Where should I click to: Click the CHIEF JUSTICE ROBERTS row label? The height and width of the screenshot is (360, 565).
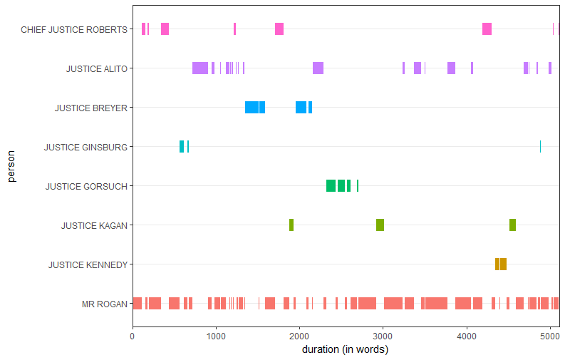(74, 30)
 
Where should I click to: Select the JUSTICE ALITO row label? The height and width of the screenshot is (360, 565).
(97, 69)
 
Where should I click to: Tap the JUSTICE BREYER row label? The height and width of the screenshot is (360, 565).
(91, 108)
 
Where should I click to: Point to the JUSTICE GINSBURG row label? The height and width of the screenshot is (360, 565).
(85, 148)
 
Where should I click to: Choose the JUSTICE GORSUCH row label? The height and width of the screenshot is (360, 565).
(86, 187)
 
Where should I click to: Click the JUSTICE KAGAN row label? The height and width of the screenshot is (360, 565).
(94, 226)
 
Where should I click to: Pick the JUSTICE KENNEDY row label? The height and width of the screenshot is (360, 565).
(88, 265)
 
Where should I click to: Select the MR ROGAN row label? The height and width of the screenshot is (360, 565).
(105, 304)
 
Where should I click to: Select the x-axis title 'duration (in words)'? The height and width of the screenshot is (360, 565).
(345, 350)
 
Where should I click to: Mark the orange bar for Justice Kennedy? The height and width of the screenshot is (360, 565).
(501, 264)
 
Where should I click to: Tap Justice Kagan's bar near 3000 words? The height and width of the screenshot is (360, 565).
(380, 225)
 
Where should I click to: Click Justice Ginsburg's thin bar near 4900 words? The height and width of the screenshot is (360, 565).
(540, 147)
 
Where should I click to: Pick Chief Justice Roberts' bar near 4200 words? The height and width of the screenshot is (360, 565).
(487, 29)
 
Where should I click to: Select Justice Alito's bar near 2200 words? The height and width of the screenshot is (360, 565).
(318, 68)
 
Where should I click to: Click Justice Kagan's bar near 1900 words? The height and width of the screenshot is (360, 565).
(291, 225)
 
